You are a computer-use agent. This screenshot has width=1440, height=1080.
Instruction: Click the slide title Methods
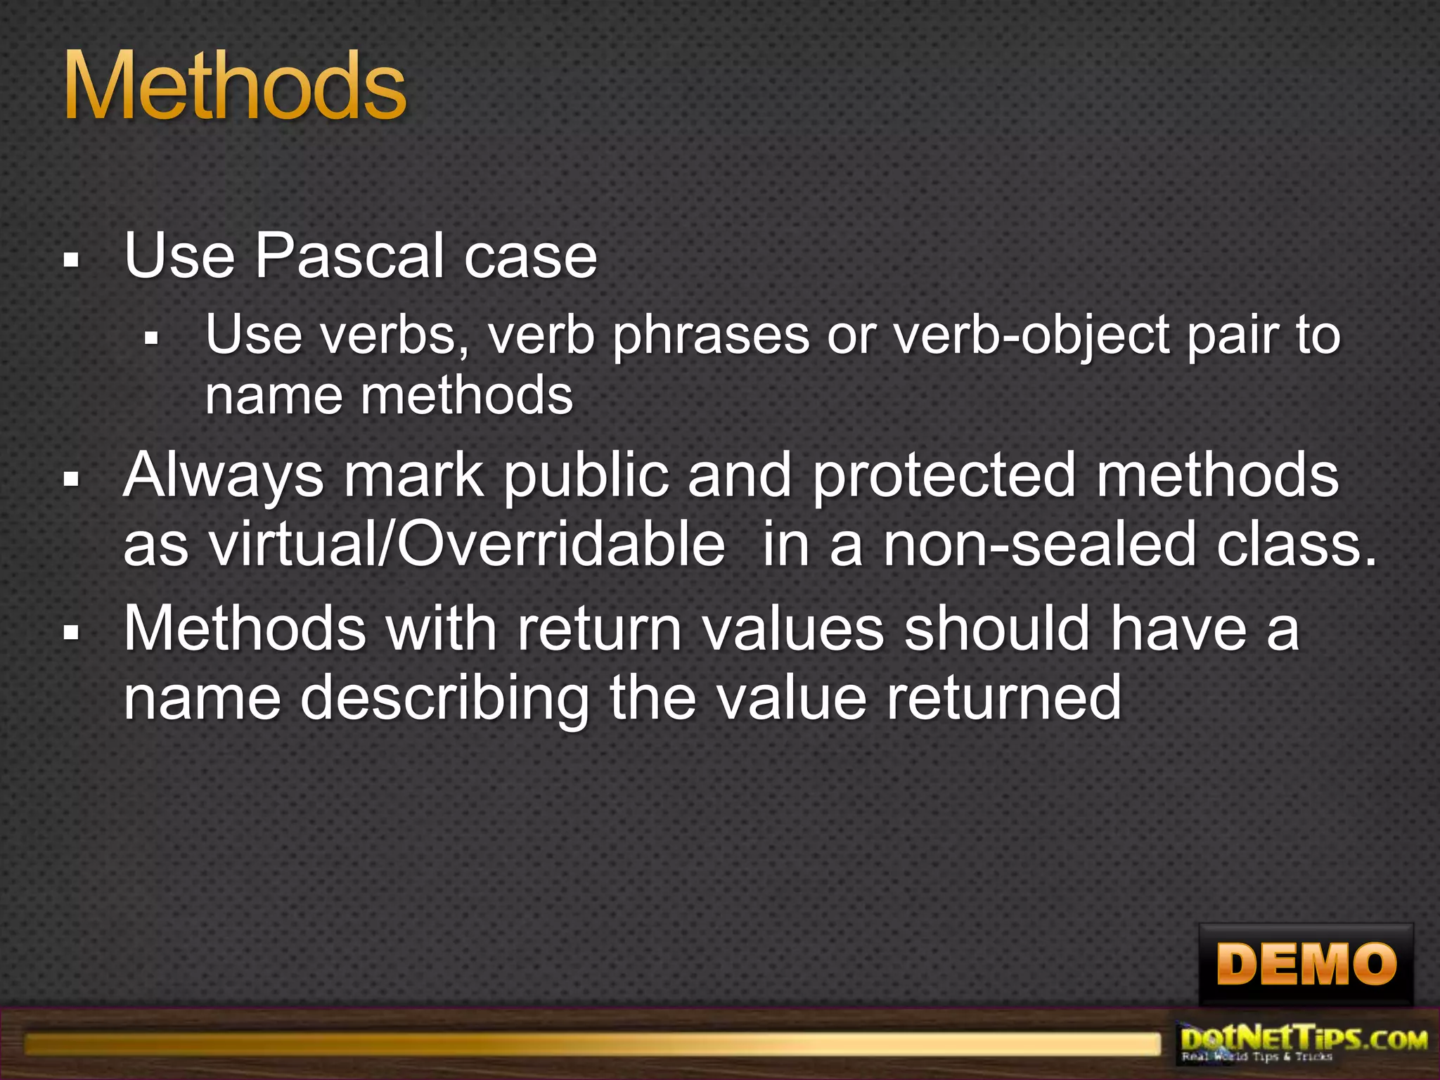[235, 87]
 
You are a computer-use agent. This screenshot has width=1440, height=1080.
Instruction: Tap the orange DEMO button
[1306, 964]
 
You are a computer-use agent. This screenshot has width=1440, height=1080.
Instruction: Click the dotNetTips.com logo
[1304, 1044]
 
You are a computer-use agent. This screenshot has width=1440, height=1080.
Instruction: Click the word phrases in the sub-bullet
[711, 336]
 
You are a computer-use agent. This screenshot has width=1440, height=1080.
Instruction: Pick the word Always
[224, 476]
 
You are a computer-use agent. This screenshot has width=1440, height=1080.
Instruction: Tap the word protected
[944, 476]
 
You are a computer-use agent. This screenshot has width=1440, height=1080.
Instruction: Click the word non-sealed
[1039, 545]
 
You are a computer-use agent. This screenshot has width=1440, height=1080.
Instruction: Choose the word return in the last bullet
[600, 629]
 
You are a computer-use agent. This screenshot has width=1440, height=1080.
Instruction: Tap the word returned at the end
[1003, 698]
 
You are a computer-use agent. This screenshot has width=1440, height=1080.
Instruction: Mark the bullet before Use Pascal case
[70, 261]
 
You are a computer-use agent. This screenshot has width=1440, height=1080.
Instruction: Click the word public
[586, 476]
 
